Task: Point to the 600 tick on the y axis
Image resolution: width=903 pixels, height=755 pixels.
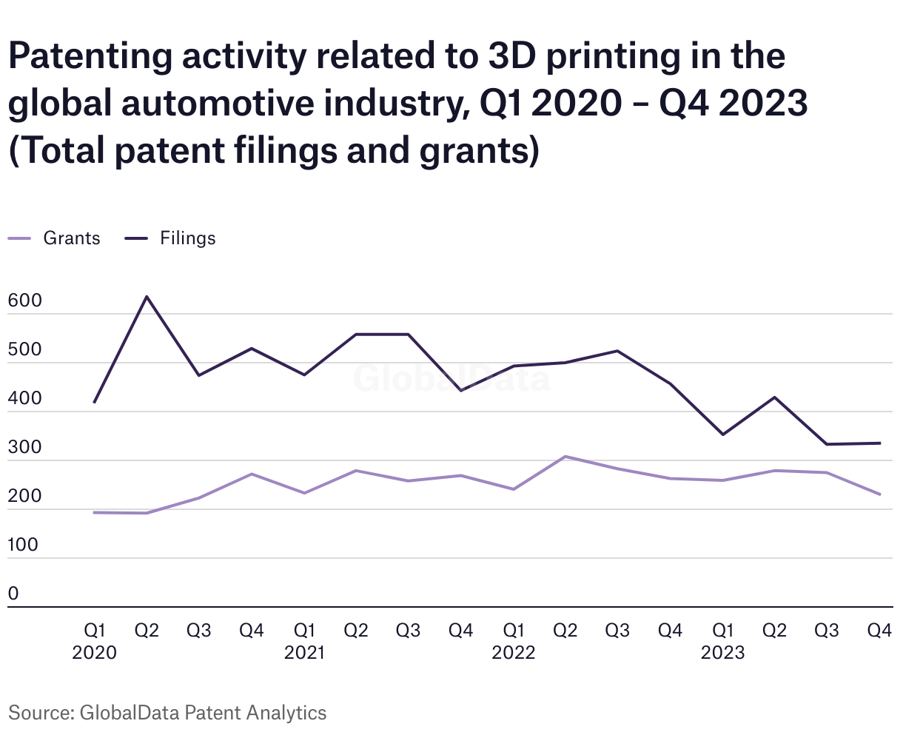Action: point(24,301)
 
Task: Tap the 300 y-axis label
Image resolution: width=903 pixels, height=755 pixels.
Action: point(24,448)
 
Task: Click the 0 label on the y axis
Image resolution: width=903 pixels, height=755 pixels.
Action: point(13,594)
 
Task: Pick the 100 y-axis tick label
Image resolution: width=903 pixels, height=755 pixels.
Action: point(23,546)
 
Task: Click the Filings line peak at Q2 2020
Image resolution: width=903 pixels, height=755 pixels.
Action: point(147,297)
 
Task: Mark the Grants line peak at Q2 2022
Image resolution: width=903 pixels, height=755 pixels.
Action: point(565,457)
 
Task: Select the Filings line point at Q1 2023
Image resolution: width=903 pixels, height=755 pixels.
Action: point(722,434)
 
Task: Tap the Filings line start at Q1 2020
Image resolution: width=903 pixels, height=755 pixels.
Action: point(94,403)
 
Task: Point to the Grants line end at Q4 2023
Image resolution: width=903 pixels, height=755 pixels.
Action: point(879,494)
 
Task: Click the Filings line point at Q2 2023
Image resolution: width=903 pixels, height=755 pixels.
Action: point(775,397)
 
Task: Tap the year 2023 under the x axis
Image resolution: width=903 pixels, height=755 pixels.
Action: point(722,653)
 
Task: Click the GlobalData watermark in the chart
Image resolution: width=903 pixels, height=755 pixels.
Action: point(451,378)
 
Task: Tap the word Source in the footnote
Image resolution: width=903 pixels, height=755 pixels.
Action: point(38,713)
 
